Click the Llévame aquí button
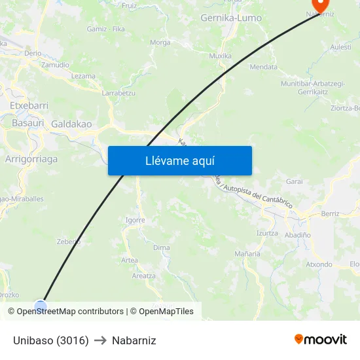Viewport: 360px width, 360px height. tap(179, 161)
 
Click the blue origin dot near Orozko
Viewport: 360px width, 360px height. tap(41, 306)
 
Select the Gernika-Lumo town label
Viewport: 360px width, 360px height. tap(231, 18)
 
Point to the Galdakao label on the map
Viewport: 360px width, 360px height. tap(71, 124)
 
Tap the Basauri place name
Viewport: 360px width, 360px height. tap(28, 122)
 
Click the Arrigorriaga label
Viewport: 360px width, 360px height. tap(31, 159)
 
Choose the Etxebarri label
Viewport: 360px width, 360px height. tap(29, 105)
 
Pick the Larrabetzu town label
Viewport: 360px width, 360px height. tap(118, 93)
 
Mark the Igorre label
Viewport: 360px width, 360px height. tap(135, 220)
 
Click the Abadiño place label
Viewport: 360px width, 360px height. tap(298, 234)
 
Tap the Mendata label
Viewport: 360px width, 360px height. tap(263, 67)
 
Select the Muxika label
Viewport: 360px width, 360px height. tap(220, 56)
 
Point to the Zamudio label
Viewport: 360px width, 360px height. tap(55, 65)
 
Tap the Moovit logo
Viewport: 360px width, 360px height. tap(320, 340)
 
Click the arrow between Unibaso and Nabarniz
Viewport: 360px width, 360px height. tap(100, 340)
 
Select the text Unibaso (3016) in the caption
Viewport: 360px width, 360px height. tap(50, 340)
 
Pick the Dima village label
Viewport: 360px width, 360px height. tap(161, 247)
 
